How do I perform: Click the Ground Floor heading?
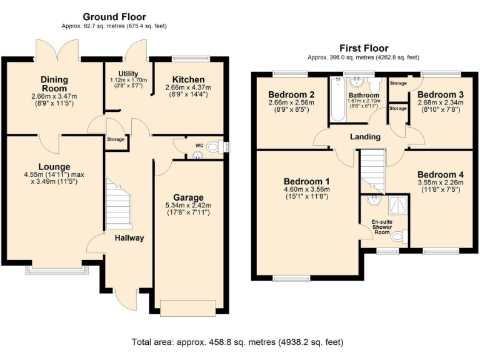point(114,17)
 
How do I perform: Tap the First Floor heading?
point(363,48)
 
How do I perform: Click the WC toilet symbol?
point(213,147)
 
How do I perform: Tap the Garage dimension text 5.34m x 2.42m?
point(187,205)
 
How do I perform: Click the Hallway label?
point(129,237)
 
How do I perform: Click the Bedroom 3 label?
point(440,94)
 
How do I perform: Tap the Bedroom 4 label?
point(439,174)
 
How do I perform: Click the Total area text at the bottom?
point(237,342)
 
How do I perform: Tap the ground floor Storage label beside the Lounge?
point(116,139)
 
